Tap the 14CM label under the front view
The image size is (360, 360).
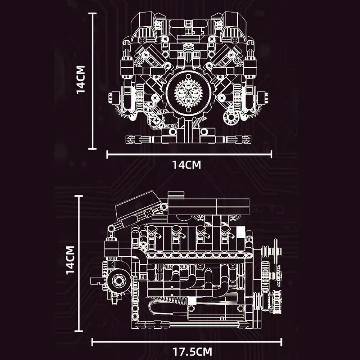(x=186, y=165)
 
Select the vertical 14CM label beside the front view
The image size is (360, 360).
(x=81, y=80)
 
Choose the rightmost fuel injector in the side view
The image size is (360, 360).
(x=226, y=232)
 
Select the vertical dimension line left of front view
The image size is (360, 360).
(x=94, y=81)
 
